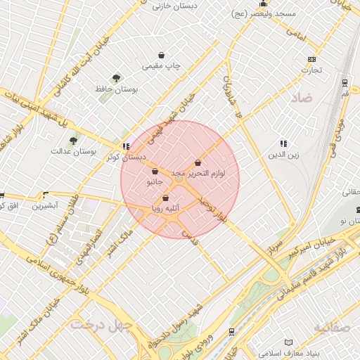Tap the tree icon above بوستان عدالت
tap(73, 140)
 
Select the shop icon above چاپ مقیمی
tap(162, 55)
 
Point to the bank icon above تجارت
tap(311, 59)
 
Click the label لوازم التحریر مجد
tap(198, 173)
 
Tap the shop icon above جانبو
tap(155, 172)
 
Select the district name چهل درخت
tap(97, 325)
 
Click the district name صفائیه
tap(330, 328)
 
